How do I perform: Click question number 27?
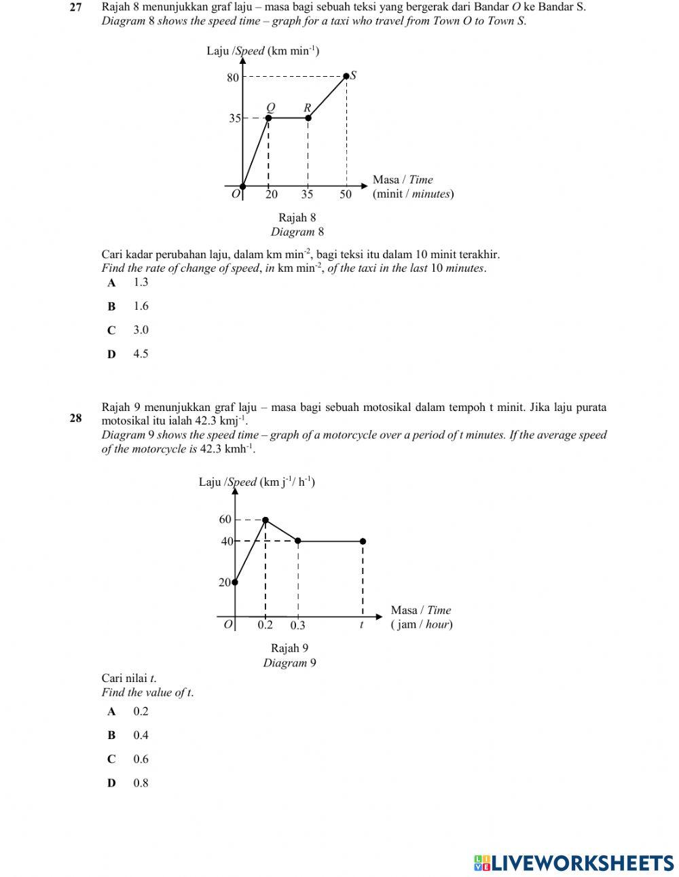[76, 7]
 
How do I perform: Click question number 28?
[76, 418]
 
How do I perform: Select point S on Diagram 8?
[346, 76]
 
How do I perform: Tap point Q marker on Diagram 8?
[268, 118]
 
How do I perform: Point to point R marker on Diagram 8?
[308, 118]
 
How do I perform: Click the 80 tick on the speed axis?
[233, 77]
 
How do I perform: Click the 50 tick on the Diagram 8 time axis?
[346, 194]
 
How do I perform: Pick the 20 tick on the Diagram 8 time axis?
[271, 194]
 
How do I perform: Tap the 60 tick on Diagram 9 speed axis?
[225, 520]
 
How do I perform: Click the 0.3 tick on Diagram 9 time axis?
[298, 625]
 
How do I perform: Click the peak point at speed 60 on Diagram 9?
[265, 520]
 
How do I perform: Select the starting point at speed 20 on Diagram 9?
[235, 581]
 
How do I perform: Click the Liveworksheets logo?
[574, 863]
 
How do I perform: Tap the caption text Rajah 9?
[289, 648]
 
